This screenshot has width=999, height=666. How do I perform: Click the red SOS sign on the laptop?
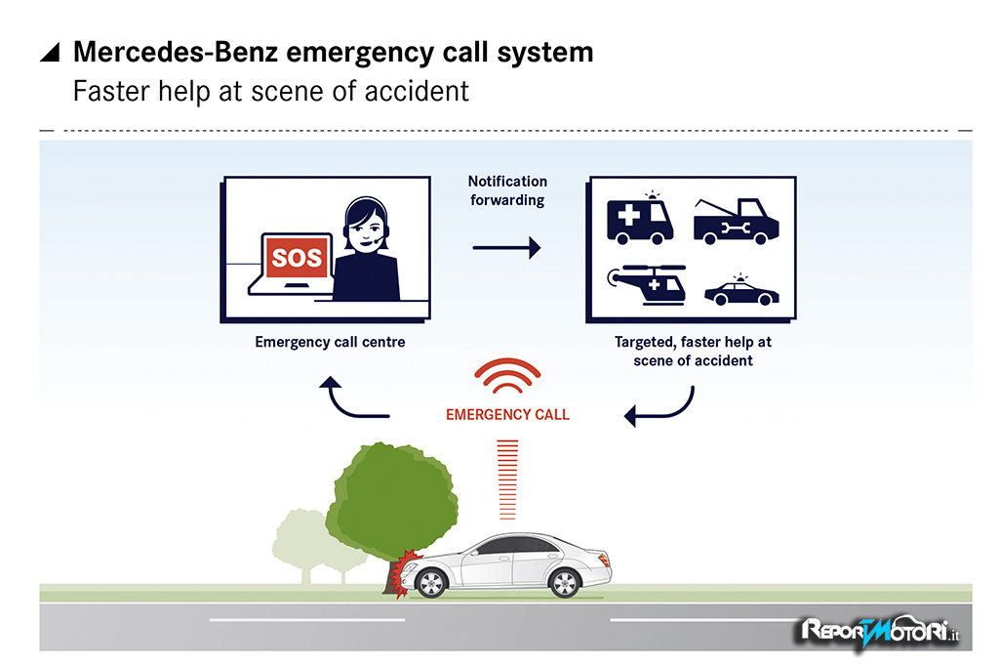[295, 259]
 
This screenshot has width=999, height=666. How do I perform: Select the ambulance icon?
[639, 220]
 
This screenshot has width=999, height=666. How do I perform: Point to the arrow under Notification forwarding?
[506, 249]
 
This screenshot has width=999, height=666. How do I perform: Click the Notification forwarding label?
[506, 190]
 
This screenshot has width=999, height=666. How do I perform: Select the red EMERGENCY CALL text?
[507, 414]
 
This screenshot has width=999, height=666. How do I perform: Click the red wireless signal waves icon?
[507, 377]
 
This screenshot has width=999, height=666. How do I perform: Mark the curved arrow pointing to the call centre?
[353, 400]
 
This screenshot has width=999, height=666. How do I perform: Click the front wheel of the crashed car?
[429, 583]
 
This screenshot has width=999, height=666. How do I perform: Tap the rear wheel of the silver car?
[564, 583]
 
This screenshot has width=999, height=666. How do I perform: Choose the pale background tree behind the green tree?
[298, 542]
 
